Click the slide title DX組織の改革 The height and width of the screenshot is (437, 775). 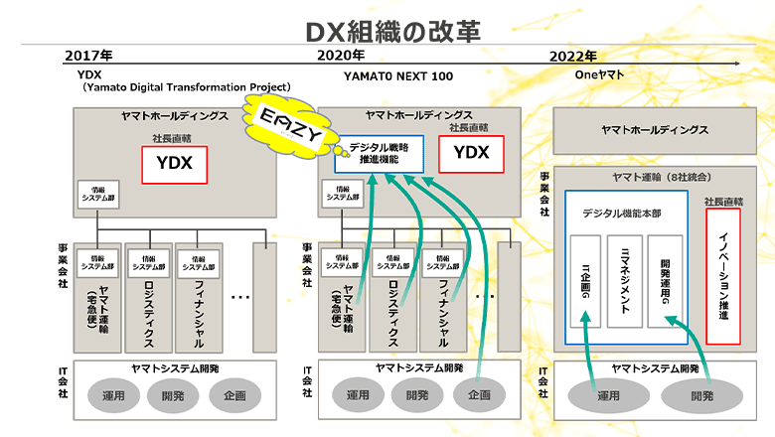[x=387, y=30]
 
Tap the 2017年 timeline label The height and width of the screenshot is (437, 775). [x=88, y=56]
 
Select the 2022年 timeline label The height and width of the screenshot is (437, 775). [x=572, y=56]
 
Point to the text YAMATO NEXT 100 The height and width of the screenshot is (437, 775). [x=398, y=75]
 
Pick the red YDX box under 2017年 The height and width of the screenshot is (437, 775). [x=174, y=163]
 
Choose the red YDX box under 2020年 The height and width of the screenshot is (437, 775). [x=471, y=152]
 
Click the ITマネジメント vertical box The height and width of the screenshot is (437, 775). [x=625, y=282]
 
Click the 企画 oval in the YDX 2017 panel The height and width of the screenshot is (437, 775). [x=234, y=394]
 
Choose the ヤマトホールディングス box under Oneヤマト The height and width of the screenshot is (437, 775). [x=654, y=130]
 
